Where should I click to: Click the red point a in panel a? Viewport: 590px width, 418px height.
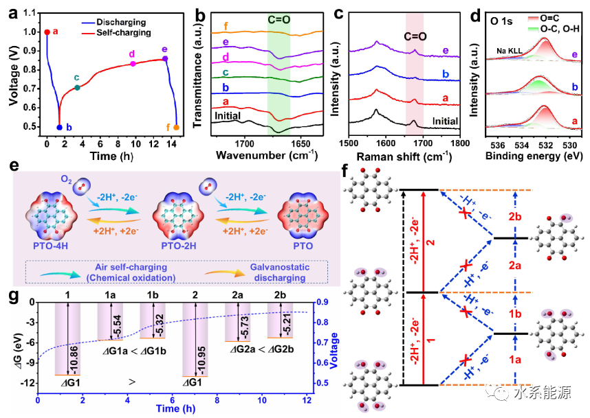[x=47, y=32]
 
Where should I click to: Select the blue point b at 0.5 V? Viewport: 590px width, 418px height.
[x=59, y=127]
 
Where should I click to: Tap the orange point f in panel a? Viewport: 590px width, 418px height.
[x=176, y=127]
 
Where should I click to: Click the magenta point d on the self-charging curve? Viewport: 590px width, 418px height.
[x=133, y=64]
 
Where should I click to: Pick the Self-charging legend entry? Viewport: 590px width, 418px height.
[x=127, y=32]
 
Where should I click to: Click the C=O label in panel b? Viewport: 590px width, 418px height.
[x=278, y=21]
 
